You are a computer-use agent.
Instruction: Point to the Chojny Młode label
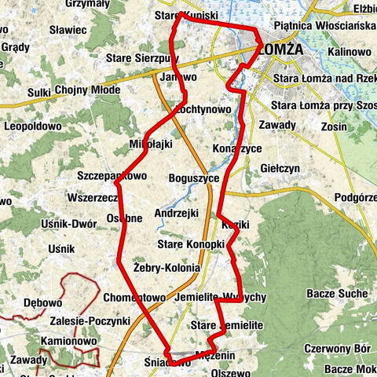pyautogui.click(x=88, y=90)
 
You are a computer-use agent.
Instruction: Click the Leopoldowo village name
pyautogui.click(x=32, y=126)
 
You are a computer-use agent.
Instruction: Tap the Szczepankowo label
pyautogui.click(x=112, y=175)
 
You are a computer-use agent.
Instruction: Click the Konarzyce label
pyautogui.click(x=236, y=148)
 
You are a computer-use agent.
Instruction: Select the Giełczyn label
pyautogui.click(x=280, y=169)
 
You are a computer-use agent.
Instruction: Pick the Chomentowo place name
pyautogui.click(x=134, y=298)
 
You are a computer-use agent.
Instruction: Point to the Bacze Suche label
pyautogui.click(x=341, y=294)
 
